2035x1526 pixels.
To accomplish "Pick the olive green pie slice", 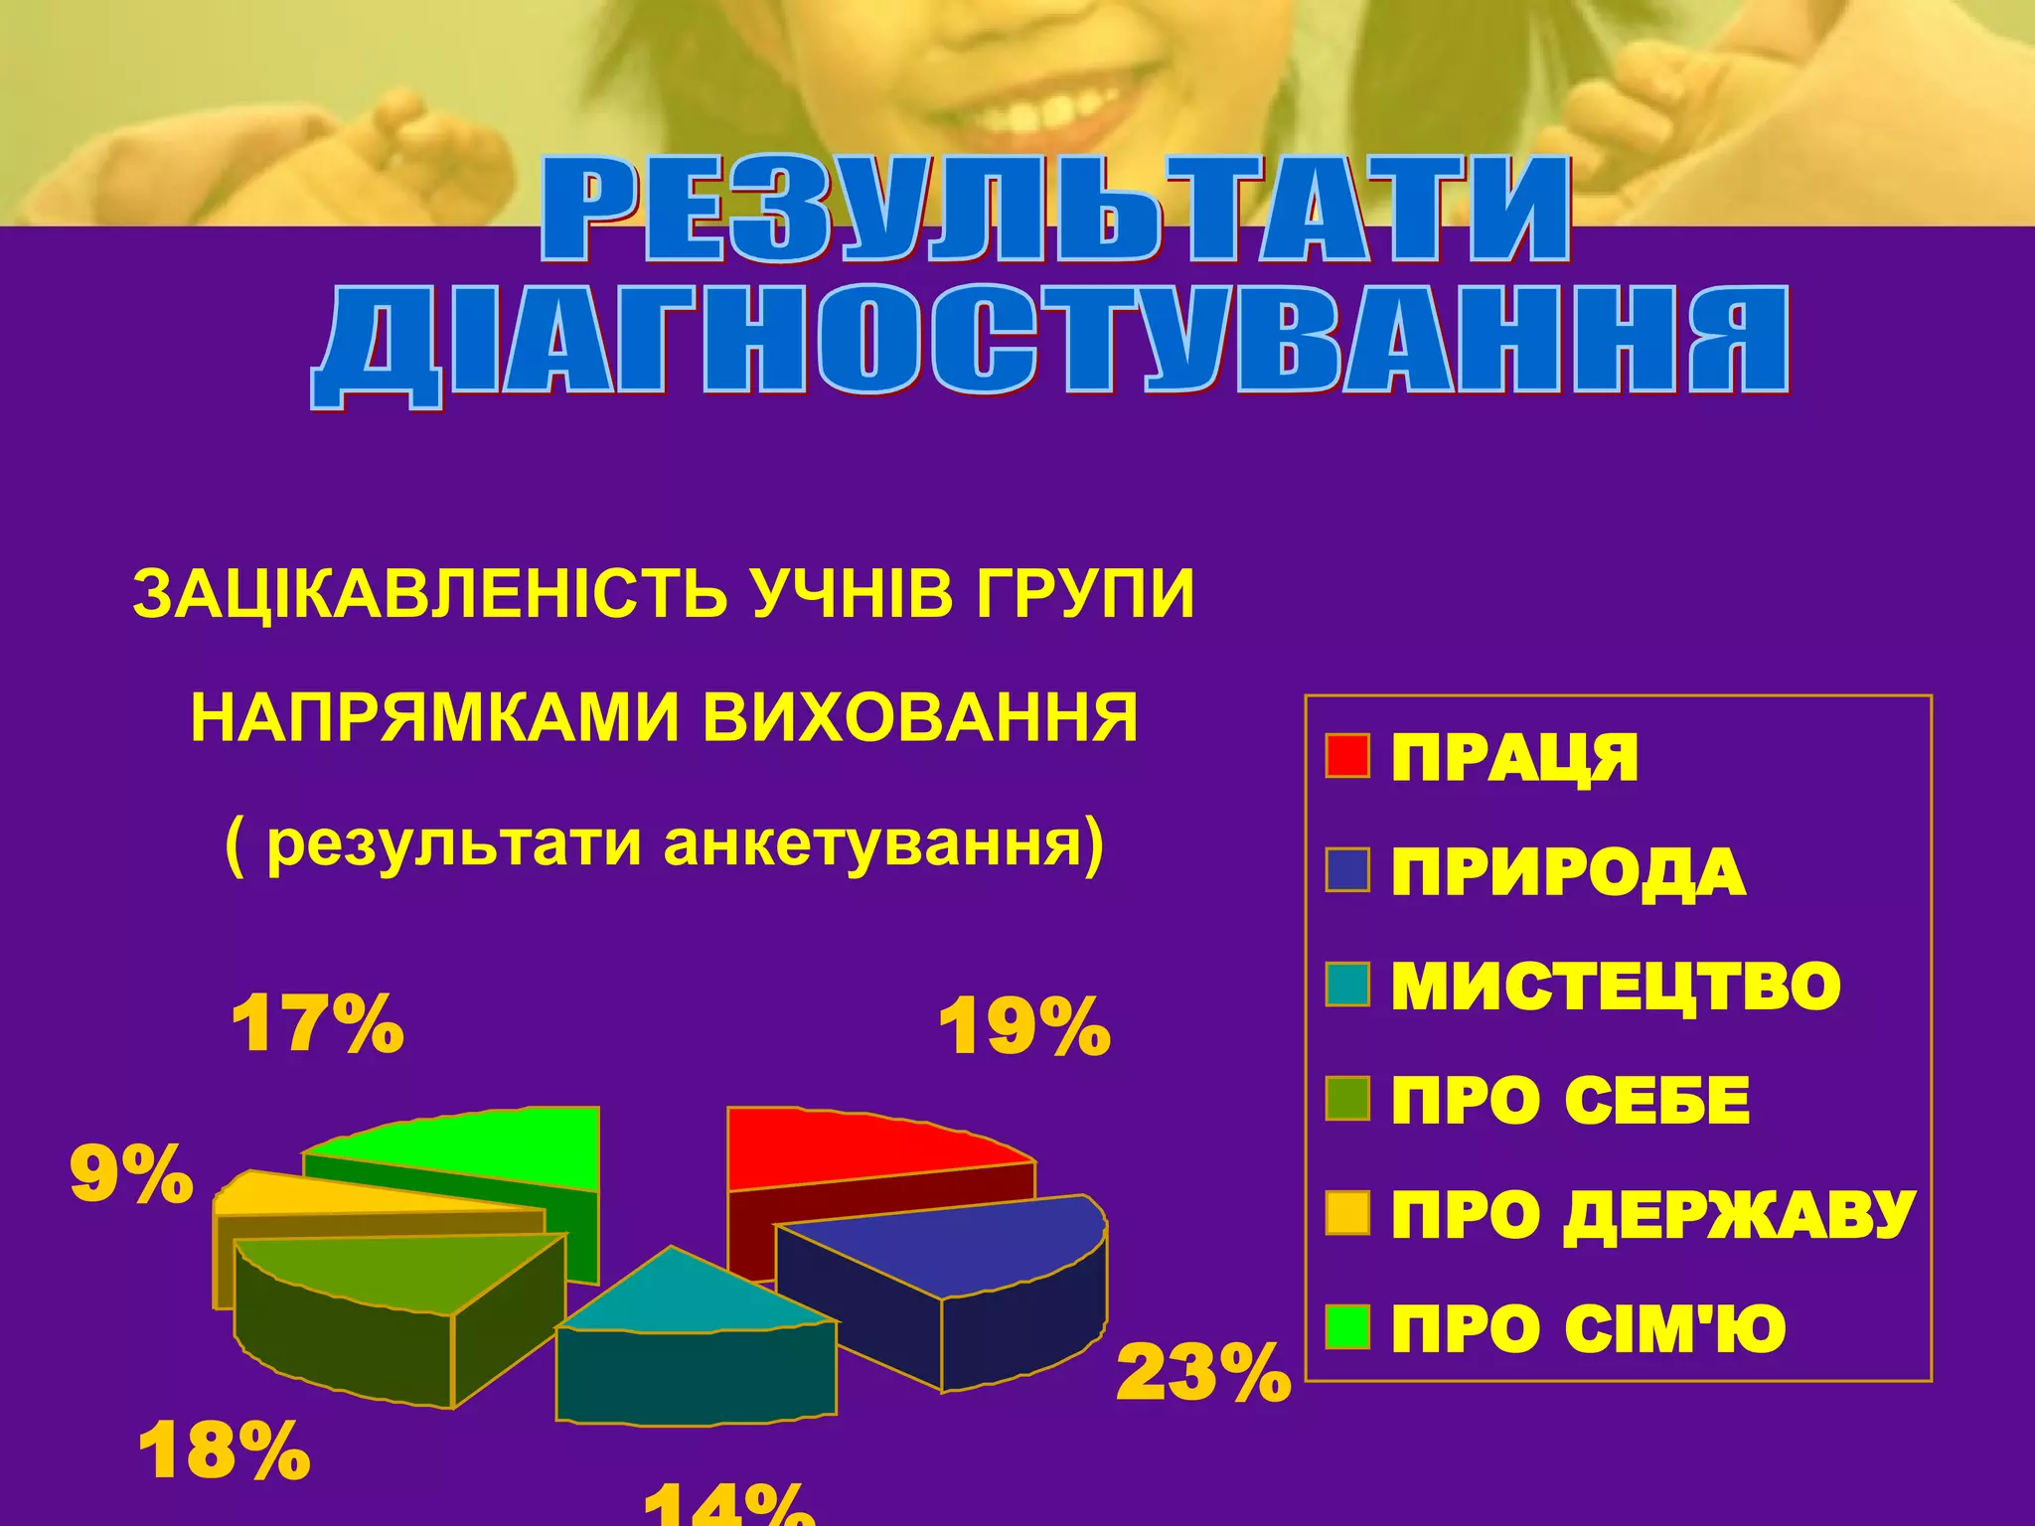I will (x=397, y=1277).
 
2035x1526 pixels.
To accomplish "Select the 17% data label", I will (x=317, y=1023).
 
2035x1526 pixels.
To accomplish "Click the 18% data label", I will (x=225, y=1451).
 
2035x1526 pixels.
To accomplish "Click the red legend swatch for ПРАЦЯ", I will (x=1347, y=756).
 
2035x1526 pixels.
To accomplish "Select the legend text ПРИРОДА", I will (x=1568, y=872).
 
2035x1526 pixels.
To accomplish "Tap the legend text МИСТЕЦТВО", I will (x=1616, y=987).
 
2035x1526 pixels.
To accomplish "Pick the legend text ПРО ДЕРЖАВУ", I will (x=1652, y=1215).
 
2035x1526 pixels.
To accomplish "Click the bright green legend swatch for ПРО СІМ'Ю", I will (x=1347, y=1327).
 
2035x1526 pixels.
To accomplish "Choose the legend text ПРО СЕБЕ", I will (x=1570, y=1101).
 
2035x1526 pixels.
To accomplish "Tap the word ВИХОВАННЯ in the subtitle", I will (x=920, y=717).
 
